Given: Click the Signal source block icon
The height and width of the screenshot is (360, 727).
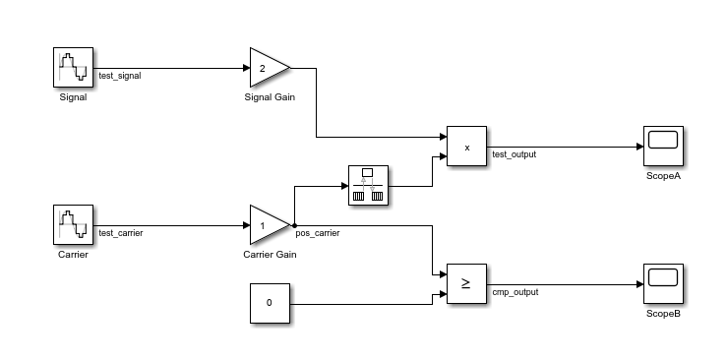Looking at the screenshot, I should pos(73,68).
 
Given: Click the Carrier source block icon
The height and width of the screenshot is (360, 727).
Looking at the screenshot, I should pos(73,225).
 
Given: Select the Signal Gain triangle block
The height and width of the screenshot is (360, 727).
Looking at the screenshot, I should pos(268,68).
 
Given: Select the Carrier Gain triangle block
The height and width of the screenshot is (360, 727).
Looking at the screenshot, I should pos(268,225).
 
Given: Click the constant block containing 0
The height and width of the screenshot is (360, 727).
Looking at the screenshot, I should pos(270,303).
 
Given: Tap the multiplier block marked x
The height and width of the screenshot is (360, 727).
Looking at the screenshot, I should pos(467,147).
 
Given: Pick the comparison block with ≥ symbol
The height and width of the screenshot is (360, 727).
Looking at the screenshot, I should pos(467,284).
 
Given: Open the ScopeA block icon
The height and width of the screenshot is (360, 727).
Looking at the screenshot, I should pos(663,147).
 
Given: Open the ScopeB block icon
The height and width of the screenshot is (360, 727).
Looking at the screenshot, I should pos(663,284).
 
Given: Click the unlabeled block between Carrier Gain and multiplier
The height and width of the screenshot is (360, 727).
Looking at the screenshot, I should pos(368,185).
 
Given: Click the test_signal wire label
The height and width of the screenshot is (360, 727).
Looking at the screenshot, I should pos(120,76).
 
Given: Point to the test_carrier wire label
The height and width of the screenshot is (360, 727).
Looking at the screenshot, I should pos(122,233).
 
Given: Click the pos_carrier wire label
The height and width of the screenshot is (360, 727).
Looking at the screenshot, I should pos(318,233).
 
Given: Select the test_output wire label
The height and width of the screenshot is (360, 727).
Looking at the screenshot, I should pos(515,154).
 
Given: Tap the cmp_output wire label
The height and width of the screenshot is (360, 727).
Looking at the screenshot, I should pos(515,292).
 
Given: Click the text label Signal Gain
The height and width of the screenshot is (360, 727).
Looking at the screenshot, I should pos(270,97).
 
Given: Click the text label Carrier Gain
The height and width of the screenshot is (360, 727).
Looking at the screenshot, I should pos(270,255).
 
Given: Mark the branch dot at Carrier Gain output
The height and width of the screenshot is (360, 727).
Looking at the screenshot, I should pos(294,225).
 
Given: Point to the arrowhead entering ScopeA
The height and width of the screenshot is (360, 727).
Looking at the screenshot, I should pos(638,147).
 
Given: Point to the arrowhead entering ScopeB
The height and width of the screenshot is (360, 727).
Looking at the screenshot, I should pos(638,284).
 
